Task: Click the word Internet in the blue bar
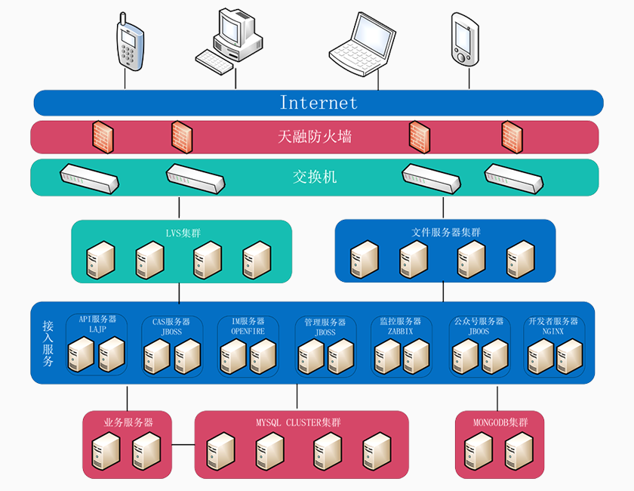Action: pyautogui.click(x=319, y=103)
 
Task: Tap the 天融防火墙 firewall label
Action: pyautogui.click(x=315, y=137)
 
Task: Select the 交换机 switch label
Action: pyautogui.click(x=315, y=178)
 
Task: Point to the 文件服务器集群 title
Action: pyautogui.click(x=446, y=232)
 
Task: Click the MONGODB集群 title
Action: pyautogui.click(x=500, y=422)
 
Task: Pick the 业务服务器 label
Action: pyautogui.click(x=128, y=422)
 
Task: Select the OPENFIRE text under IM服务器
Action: pyautogui.click(x=247, y=332)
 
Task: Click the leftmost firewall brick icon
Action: pyautogui.click(x=103, y=136)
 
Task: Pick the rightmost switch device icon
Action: pyautogui.click(x=513, y=178)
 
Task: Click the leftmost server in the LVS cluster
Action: pyautogui.click(x=100, y=261)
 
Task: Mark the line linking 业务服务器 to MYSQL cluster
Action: pyautogui.click(x=183, y=445)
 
